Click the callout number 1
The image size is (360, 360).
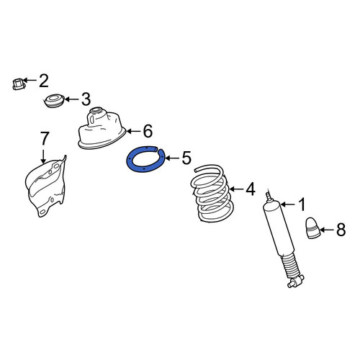tap(301, 204)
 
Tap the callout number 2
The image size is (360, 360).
tap(43, 81)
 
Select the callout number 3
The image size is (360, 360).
tap(86, 99)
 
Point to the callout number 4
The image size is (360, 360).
tap(251, 189)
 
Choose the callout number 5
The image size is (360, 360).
tap(186, 158)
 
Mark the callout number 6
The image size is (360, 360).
tap(148, 131)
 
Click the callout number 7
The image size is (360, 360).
tap(43, 138)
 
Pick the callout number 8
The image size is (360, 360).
tap(341, 230)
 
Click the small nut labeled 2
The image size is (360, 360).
tap(19, 84)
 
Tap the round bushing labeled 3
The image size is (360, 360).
tap(55, 101)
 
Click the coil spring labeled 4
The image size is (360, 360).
tap(212, 194)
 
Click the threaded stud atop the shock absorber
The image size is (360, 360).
tap(269, 196)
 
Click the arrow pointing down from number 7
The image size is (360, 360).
tap(43, 156)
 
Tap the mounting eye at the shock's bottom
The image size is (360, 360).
tap(296, 282)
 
